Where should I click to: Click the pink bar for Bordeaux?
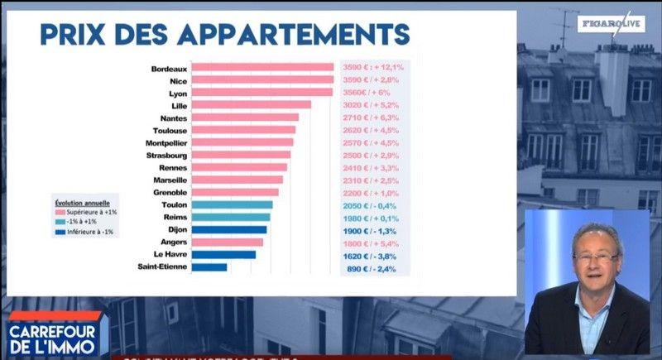[262, 68]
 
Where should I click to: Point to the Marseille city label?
[170, 180]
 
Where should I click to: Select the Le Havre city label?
[170, 255]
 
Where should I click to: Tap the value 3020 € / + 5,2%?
[374, 105]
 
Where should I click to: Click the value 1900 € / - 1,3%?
[374, 230]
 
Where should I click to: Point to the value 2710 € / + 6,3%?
[374, 118]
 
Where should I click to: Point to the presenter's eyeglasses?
[595, 257]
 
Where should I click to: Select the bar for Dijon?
[229, 230]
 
